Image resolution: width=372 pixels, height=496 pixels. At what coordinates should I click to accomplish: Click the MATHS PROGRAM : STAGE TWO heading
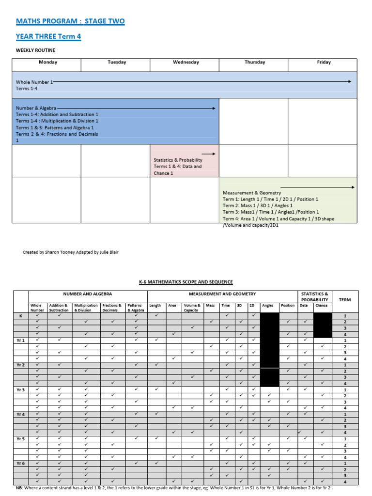(x=70, y=21)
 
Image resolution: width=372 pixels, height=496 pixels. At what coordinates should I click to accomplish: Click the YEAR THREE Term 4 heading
(x=48, y=36)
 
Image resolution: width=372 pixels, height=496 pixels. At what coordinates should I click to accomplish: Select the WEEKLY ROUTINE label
(x=35, y=50)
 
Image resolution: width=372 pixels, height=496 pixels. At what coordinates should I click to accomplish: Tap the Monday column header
(x=48, y=62)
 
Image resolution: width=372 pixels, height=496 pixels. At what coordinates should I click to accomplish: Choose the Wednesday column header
(x=186, y=62)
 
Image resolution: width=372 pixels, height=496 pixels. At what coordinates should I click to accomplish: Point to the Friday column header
(x=324, y=62)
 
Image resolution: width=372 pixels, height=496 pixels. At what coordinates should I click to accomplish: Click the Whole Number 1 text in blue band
(x=34, y=82)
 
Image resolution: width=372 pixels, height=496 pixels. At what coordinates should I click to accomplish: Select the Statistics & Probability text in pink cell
(x=178, y=160)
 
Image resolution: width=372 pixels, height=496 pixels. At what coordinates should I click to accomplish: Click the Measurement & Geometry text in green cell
(x=251, y=193)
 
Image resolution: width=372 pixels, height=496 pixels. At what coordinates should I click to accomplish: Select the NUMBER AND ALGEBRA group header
(x=88, y=294)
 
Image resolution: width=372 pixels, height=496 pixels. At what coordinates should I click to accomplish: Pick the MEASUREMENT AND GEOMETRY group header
(x=222, y=294)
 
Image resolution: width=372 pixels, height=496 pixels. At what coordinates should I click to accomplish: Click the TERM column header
(x=345, y=300)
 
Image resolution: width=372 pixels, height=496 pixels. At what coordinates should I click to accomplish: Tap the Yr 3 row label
(x=21, y=390)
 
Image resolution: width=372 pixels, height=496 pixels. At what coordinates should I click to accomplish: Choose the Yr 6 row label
(x=21, y=463)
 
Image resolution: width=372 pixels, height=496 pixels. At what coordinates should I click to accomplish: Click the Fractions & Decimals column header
(x=112, y=308)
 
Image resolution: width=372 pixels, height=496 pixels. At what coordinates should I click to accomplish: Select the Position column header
(x=287, y=306)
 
